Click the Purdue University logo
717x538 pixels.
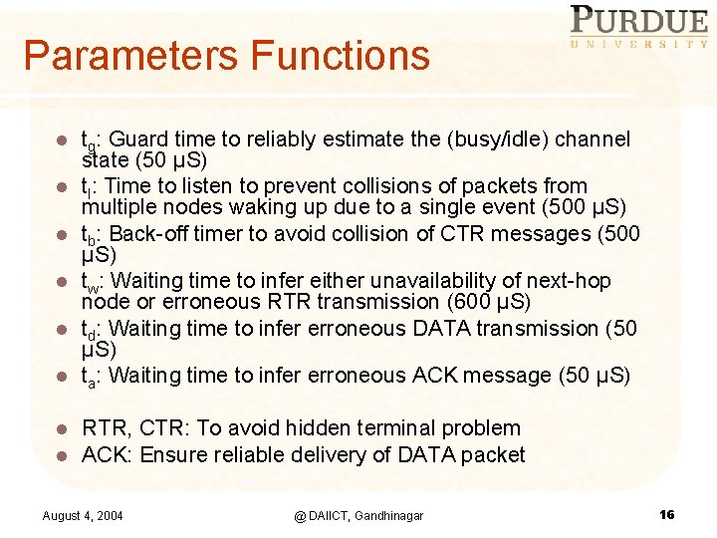pos(638,27)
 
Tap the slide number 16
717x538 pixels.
pos(667,514)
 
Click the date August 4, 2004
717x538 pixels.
pos(84,515)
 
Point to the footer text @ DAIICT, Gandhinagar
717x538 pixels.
pos(358,515)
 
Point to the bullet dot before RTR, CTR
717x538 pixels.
pos(61,429)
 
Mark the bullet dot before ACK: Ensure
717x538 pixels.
pos(61,456)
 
